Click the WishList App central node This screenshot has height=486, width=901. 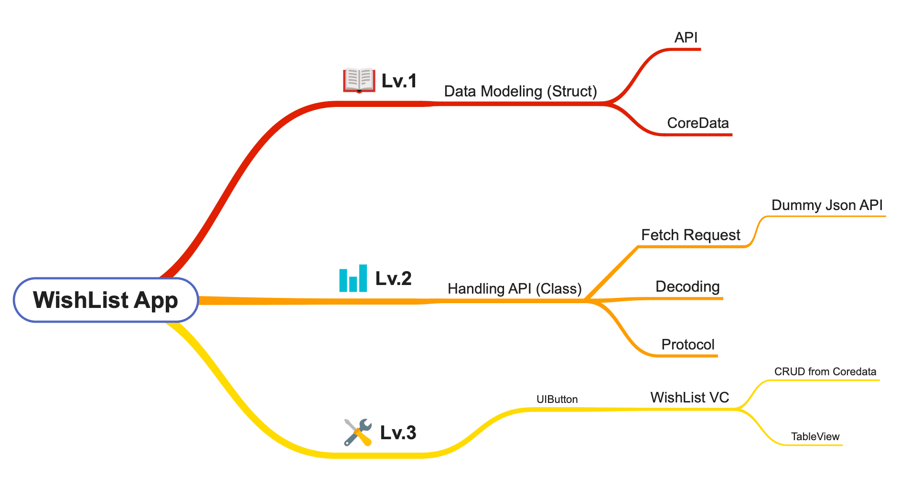106,300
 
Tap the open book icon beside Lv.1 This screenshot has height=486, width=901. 359,80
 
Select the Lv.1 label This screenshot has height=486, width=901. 399,81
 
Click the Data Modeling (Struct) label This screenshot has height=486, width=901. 521,91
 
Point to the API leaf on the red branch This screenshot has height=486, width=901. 686,38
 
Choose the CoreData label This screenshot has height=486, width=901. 698,123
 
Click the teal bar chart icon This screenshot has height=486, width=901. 353,278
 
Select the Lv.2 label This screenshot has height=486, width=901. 393,278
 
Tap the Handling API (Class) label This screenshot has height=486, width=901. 515,289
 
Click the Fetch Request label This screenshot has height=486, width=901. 691,235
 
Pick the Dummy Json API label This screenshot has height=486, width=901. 827,205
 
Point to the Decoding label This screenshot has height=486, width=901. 687,286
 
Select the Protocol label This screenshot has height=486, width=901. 688,344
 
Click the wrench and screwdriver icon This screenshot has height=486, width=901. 358,433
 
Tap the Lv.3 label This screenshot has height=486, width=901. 398,433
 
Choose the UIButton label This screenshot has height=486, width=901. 557,400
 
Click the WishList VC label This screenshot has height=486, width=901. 690,398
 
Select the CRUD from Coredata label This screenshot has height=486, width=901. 825,372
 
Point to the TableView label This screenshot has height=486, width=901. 815,437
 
